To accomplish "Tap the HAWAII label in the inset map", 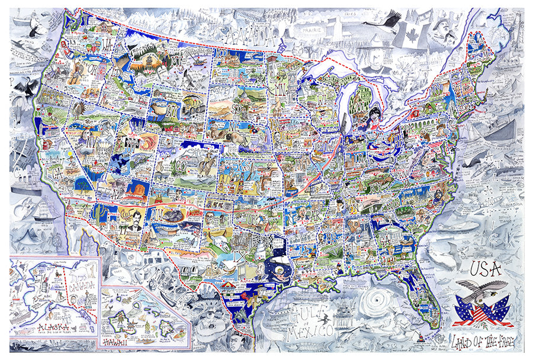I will pyautogui.click(x=117, y=342).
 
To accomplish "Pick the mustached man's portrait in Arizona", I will pyautogui.click(x=134, y=221).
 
